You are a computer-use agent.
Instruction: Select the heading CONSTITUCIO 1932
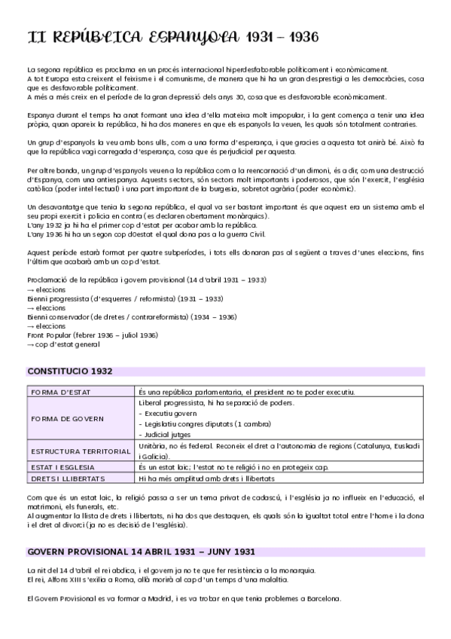click(70, 371)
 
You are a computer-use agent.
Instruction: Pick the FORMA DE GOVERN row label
click(67, 418)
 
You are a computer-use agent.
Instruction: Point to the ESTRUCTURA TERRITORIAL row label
click(81, 451)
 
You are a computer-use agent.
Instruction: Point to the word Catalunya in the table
click(367, 446)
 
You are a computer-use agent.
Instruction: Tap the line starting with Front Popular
click(92, 335)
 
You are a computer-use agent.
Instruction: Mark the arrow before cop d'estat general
click(31, 345)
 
